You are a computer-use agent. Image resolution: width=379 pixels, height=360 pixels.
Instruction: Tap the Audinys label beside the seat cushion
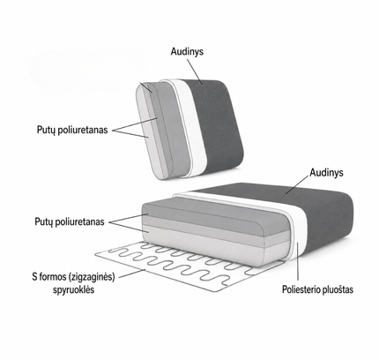coord(326,172)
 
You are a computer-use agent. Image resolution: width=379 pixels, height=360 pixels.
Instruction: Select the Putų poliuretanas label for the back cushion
coord(72,130)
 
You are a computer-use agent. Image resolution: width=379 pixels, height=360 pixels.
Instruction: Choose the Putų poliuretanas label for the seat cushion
coord(70,221)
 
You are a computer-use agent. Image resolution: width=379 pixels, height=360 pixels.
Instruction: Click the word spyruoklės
coord(74,289)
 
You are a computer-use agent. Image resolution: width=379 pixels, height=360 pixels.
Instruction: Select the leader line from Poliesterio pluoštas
coord(298,261)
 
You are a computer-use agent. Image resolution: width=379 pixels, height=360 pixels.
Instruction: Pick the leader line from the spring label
coord(132,274)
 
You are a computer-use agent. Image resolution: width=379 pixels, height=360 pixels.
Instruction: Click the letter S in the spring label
coord(34,277)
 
